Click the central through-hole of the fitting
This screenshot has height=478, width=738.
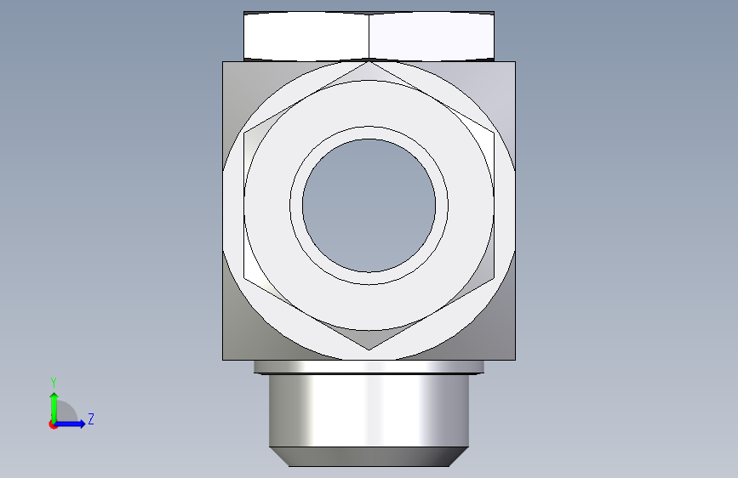[369, 205]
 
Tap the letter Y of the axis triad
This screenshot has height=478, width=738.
[54, 382]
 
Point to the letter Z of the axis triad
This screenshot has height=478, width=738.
[91, 418]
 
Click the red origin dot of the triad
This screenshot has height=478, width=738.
[53, 424]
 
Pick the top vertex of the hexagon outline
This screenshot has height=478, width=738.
[369, 61]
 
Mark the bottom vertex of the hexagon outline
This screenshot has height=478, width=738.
[369, 350]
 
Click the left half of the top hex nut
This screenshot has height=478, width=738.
[306, 37]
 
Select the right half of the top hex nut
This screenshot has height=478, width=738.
[432, 37]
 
